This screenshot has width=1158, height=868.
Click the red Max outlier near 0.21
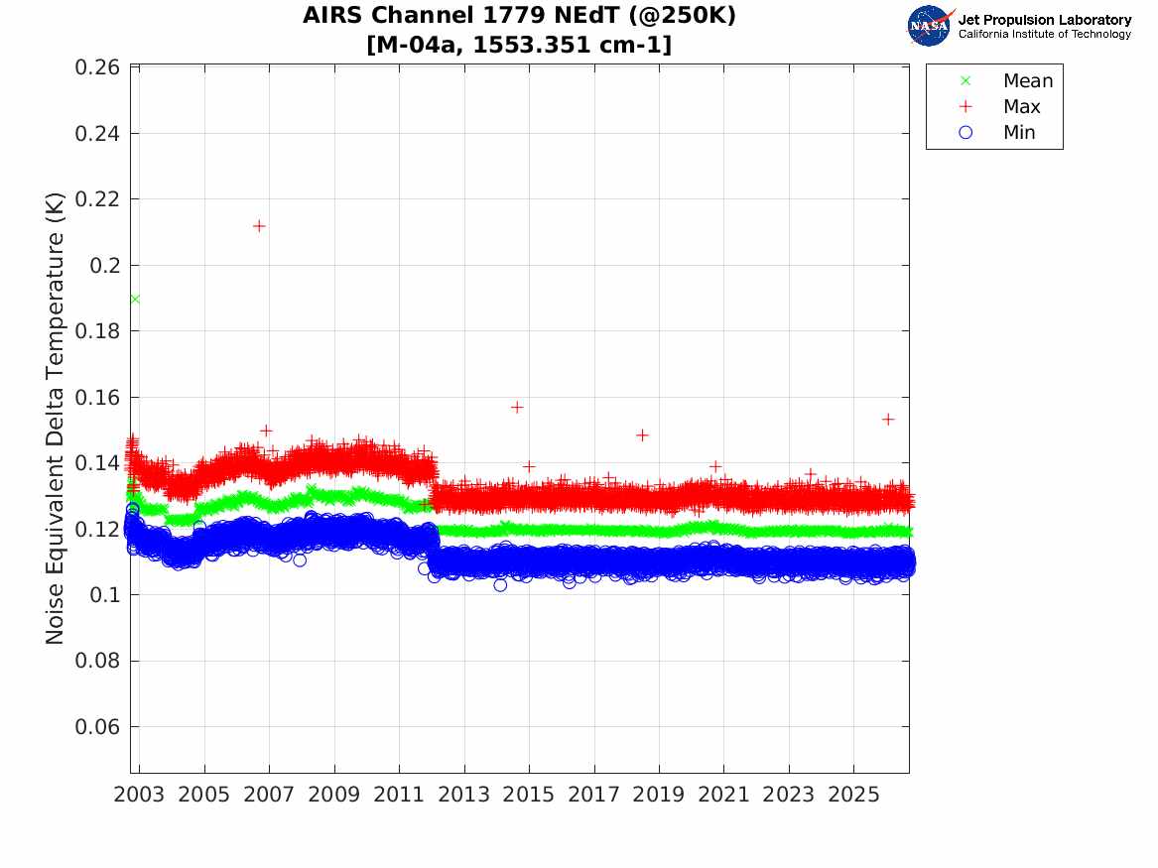click(259, 226)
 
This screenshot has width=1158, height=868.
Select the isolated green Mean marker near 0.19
click(135, 299)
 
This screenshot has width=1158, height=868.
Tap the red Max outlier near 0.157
click(517, 408)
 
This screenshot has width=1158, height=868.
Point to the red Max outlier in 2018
click(643, 435)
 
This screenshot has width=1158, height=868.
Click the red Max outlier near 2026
click(888, 420)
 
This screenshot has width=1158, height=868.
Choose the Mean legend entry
click(1006, 81)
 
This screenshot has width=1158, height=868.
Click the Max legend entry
click(1000, 107)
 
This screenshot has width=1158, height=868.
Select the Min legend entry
click(997, 133)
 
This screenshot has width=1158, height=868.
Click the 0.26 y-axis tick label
click(97, 67)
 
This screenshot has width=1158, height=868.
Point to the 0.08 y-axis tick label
click(97, 662)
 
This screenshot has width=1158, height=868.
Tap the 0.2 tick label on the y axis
click(105, 266)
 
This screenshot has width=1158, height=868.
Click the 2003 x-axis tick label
click(139, 795)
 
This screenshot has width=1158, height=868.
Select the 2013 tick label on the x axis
click(463, 795)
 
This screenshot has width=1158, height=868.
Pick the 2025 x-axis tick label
click(853, 795)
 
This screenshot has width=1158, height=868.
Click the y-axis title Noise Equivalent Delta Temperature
click(56, 419)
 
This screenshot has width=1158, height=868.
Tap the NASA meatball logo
click(930, 26)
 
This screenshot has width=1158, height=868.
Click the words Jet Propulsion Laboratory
click(1045, 20)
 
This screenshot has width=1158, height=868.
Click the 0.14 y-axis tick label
click(97, 463)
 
